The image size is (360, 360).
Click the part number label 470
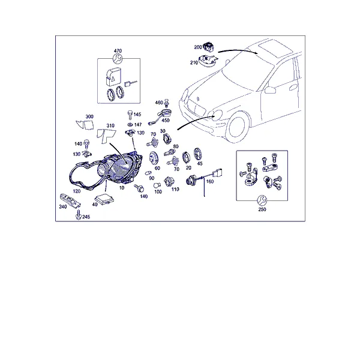coord(118,51)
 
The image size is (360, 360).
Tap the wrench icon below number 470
coord(118,59)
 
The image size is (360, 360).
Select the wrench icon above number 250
coord(262,200)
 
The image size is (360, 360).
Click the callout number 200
coord(198,47)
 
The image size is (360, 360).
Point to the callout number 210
coord(194,62)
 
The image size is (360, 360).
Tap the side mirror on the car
coord(270,90)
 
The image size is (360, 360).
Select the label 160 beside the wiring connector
coord(210,181)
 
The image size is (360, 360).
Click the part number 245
coord(86,217)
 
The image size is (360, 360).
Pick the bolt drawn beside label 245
coord(79,215)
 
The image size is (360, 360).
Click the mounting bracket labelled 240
coord(70,201)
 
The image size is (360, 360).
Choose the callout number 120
coord(77,191)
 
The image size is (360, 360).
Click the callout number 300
coord(89,116)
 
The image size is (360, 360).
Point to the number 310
coord(110,125)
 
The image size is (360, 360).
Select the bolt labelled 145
coord(130,115)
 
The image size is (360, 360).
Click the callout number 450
coord(166,121)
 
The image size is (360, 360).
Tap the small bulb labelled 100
coord(157,185)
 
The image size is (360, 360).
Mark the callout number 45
coord(200,163)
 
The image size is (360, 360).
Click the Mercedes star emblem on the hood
coord(198,99)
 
